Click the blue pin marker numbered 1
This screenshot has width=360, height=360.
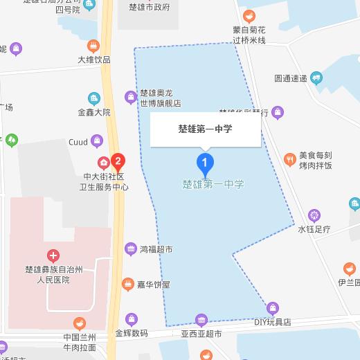point(205,163)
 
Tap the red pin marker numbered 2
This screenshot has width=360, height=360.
point(118,163)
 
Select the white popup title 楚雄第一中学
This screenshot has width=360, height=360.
point(205,128)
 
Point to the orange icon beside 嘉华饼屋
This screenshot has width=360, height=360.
point(127,284)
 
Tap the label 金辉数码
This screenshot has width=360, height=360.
point(132,333)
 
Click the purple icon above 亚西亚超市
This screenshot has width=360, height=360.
point(201,319)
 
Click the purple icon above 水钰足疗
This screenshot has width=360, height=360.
point(314,214)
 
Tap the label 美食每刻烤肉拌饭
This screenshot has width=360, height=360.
point(316,161)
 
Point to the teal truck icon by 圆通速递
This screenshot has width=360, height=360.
point(317,78)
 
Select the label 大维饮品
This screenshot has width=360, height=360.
point(94,60)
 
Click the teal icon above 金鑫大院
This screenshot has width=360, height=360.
point(94,98)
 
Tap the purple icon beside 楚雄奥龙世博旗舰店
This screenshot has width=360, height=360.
point(129,97)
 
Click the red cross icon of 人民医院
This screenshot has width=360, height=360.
point(53,255)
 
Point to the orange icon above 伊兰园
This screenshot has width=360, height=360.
point(350,268)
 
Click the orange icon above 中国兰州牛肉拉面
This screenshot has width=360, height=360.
point(82,323)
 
